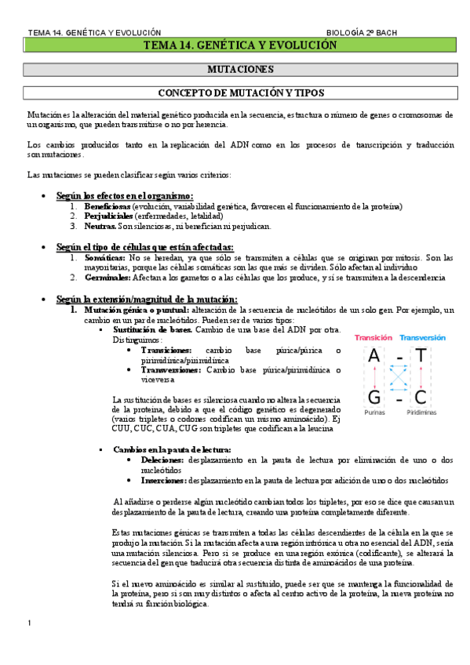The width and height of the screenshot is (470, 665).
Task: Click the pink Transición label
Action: pos(373,338)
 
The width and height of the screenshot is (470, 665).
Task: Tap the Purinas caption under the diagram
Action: pos(374,413)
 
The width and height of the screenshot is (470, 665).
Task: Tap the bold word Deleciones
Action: pos(163,460)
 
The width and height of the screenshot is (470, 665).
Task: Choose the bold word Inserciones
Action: pos(164,480)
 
